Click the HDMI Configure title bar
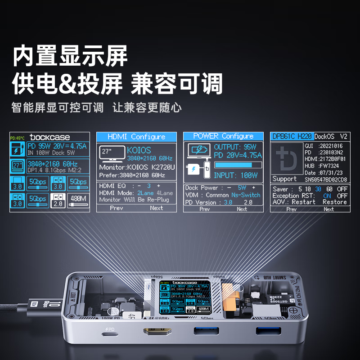point(136,137)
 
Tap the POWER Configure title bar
point(223,136)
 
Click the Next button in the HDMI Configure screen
point(156,208)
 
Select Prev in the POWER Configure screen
point(204,209)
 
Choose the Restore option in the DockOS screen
point(334,202)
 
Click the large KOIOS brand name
point(139,150)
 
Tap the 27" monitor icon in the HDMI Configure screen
point(110,153)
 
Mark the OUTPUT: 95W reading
point(235,147)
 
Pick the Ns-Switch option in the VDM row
point(246,195)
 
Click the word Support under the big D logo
point(284,179)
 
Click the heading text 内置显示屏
point(70,56)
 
